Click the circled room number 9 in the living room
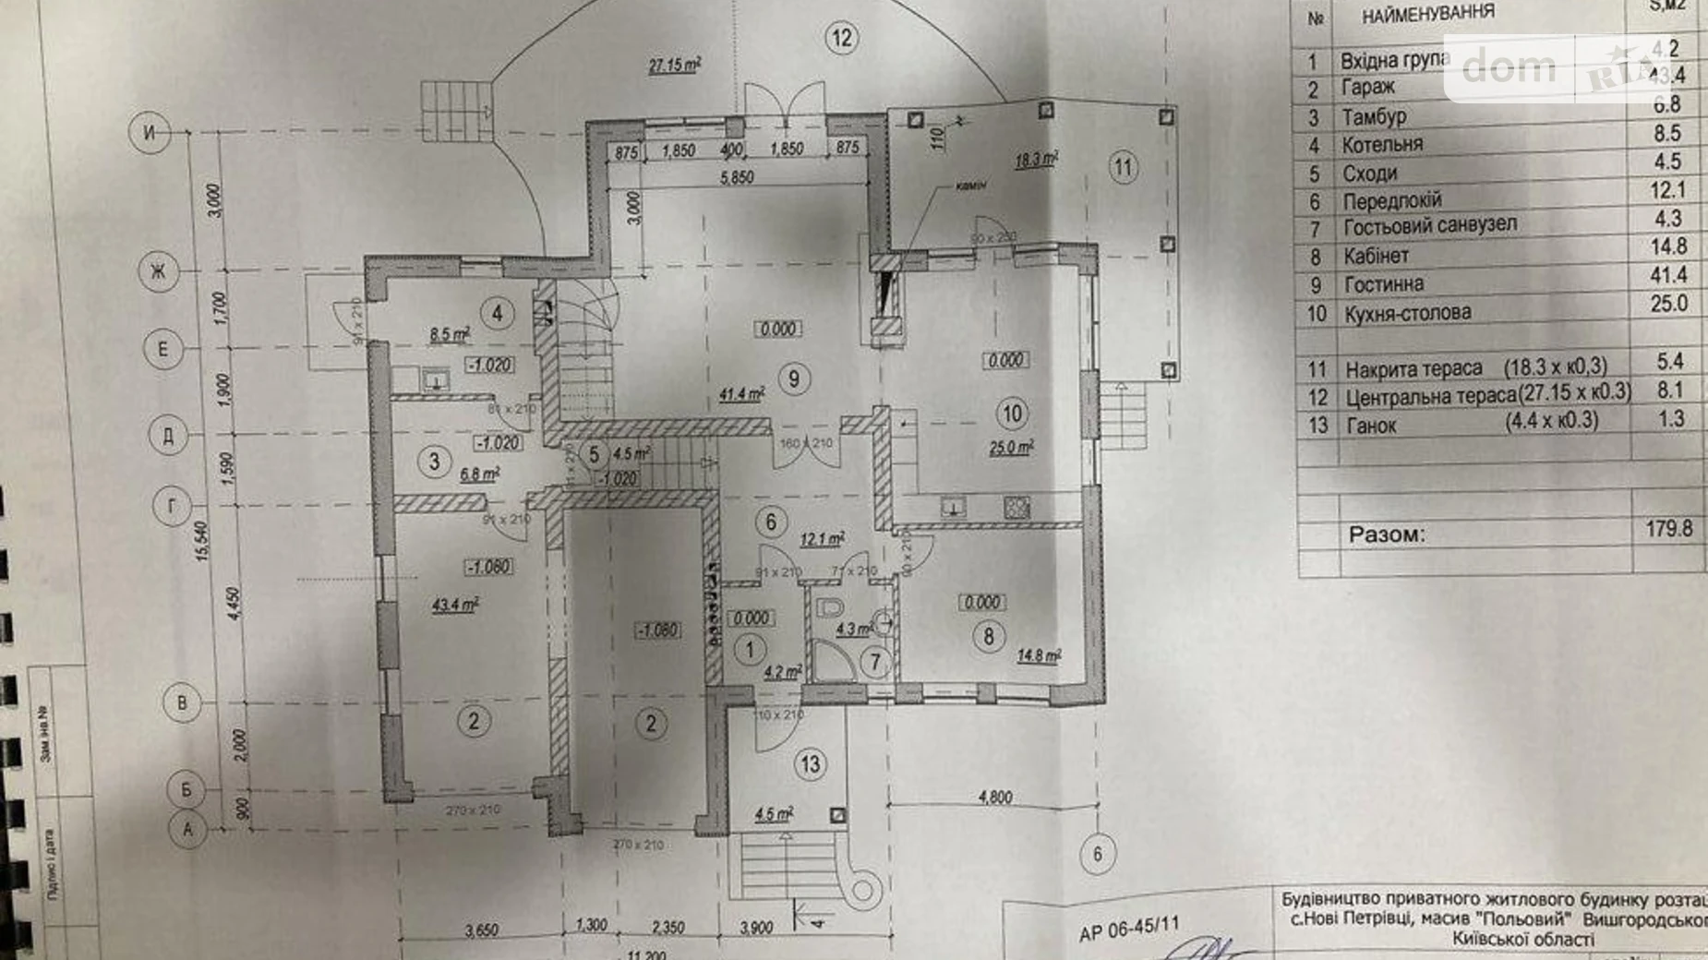click(x=793, y=378)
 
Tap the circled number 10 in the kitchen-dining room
click(x=1012, y=414)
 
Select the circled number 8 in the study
click(x=988, y=636)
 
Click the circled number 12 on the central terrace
click(x=841, y=38)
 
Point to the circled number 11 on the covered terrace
click(x=1122, y=168)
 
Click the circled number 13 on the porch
click(x=810, y=764)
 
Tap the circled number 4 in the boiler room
click(x=497, y=313)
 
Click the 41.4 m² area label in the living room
click(x=742, y=395)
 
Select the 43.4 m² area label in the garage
click(x=455, y=606)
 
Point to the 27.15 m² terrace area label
click(x=674, y=66)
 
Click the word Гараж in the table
click(x=1367, y=88)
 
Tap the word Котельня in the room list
click(x=1381, y=145)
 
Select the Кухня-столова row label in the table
click(x=1407, y=314)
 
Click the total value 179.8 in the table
click(x=1668, y=528)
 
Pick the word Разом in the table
click(x=1386, y=534)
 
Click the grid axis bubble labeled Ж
click(x=158, y=271)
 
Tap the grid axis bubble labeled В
click(x=182, y=703)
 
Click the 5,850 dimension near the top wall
click(x=737, y=177)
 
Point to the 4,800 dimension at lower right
click(x=995, y=798)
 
